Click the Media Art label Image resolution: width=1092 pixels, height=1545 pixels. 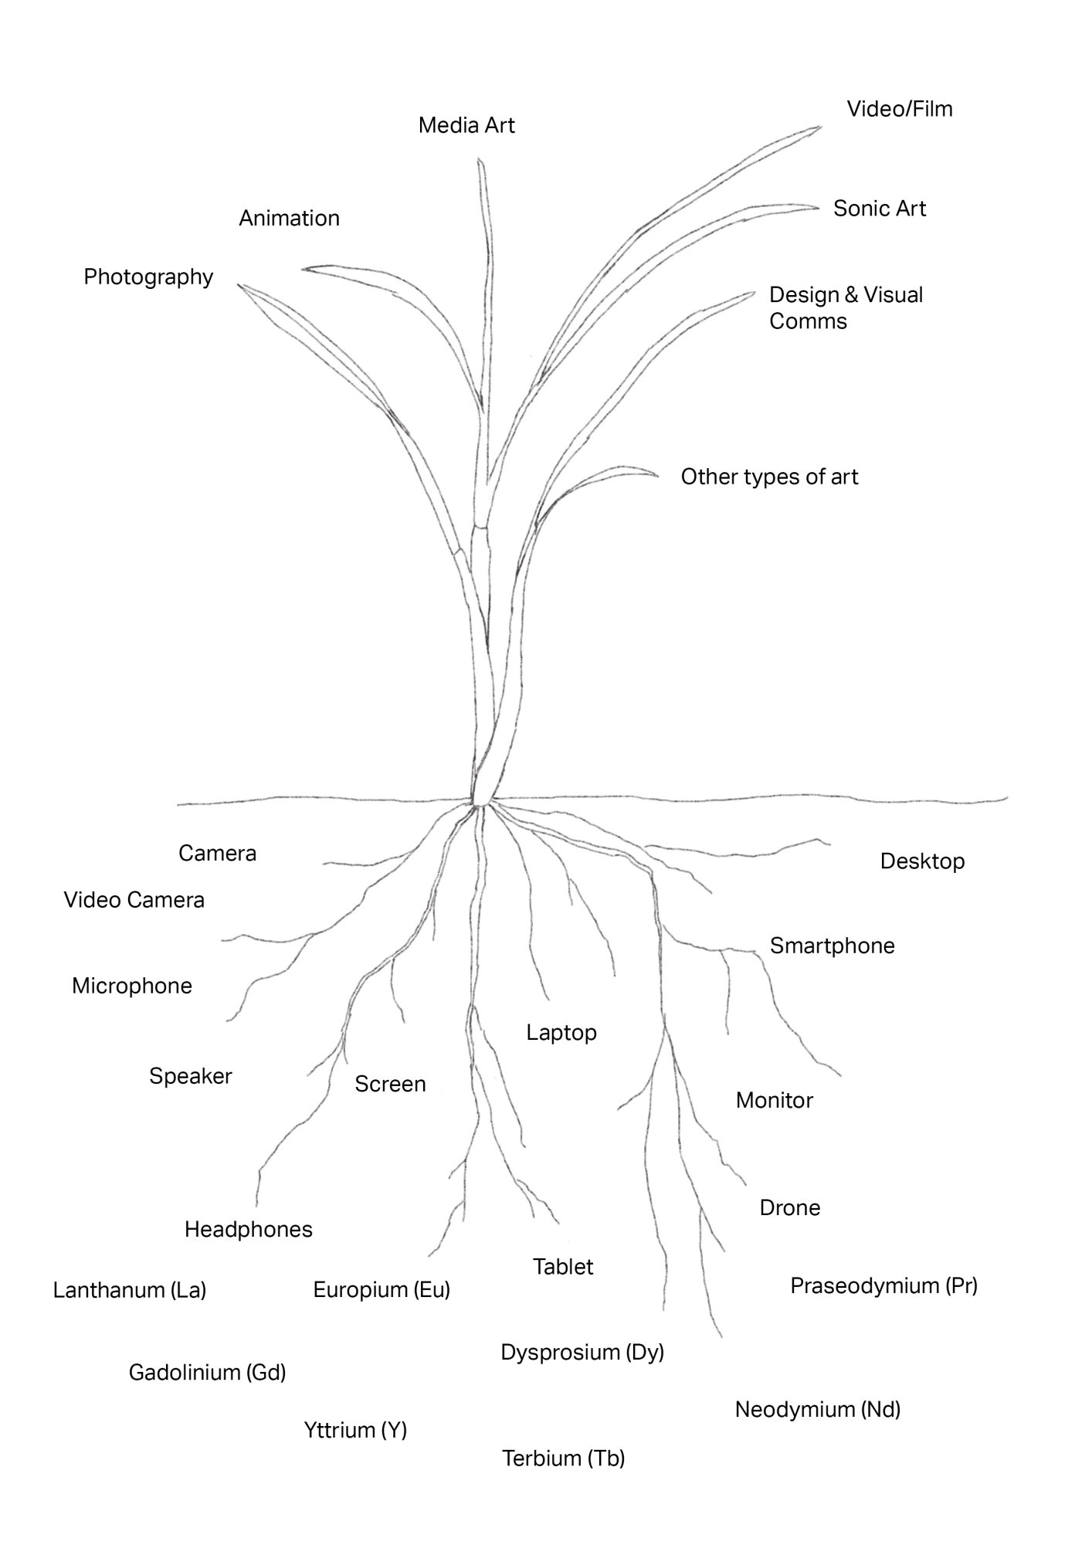tap(466, 125)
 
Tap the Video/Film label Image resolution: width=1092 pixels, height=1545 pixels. tap(900, 109)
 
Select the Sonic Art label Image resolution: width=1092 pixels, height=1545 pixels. tap(879, 209)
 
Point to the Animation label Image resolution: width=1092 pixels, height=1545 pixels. tap(289, 219)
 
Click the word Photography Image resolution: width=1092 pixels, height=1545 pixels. tap(148, 277)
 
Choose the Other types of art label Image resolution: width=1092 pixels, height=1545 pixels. tap(769, 477)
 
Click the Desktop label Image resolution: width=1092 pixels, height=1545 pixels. tap(922, 861)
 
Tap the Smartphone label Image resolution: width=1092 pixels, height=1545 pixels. tap(832, 946)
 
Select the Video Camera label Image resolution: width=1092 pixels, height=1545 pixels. tap(134, 900)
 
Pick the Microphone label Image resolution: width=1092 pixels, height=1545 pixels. tap(131, 986)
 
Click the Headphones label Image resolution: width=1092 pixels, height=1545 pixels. tap(248, 1229)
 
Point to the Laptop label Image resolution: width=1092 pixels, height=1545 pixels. tap(561, 1033)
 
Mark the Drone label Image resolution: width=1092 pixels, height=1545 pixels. tap(789, 1207)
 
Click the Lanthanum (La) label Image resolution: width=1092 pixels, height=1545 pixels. tap(129, 1290)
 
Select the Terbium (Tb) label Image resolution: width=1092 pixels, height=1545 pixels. tap(563, 1458)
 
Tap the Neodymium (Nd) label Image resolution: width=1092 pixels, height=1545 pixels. tap(817, 1410)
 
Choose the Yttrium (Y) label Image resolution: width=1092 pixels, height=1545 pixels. tap(355, 1430)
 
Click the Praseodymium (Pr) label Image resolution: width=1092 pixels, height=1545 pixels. tap(883, 1285)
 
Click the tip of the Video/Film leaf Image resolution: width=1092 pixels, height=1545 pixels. tap(820, 127)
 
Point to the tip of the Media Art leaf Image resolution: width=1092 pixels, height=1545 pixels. tap(480, 160)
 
